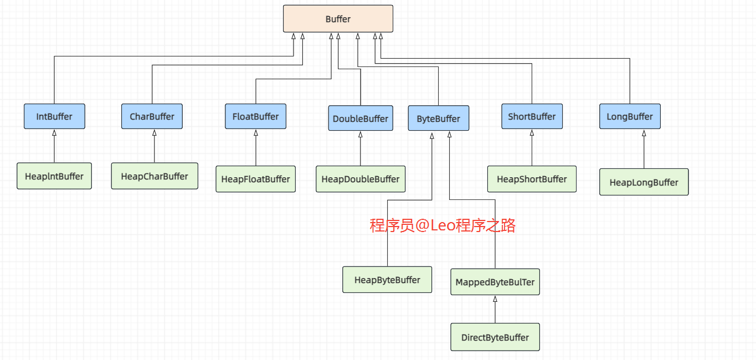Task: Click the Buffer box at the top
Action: click(338, 19)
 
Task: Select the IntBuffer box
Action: click(54, 116)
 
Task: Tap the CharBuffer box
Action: click(152, 116)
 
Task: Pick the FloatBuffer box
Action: click(255, 116)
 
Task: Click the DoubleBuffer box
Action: click(360, 119)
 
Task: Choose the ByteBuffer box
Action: click(438, 119)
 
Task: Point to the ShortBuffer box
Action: click(532, 116)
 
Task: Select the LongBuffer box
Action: click(630, 116)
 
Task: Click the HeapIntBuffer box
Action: click(54, 176)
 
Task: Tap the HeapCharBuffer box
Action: click(155, 176)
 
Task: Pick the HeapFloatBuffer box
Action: click(255, 179)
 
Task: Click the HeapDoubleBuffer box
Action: click(360, 179)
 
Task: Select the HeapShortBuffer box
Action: click(532, 179)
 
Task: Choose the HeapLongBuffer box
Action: click(644, 182)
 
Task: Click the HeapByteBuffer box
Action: click(387, 280)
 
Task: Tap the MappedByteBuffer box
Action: click(495, 282)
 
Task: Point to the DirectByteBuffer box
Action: click(495, 337)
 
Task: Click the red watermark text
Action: click(443, 225)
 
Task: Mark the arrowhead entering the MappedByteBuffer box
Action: click(495, 299)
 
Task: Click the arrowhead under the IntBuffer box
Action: click(54, 133)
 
